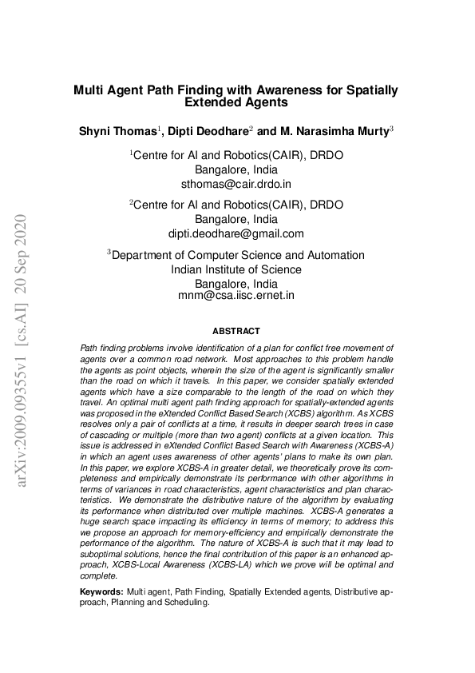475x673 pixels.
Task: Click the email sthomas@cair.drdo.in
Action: point(236,183)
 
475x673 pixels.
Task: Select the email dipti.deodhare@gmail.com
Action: point(236,233)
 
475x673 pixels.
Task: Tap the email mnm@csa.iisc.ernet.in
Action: point(236,295)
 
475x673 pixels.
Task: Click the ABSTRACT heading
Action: point(236,330)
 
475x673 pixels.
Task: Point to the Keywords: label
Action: point(102,591)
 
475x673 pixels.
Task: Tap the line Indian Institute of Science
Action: point(236,269)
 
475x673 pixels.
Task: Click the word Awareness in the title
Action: point(282,90)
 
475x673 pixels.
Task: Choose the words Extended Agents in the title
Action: point(236,102)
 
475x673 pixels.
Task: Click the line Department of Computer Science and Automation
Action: point(238,255)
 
